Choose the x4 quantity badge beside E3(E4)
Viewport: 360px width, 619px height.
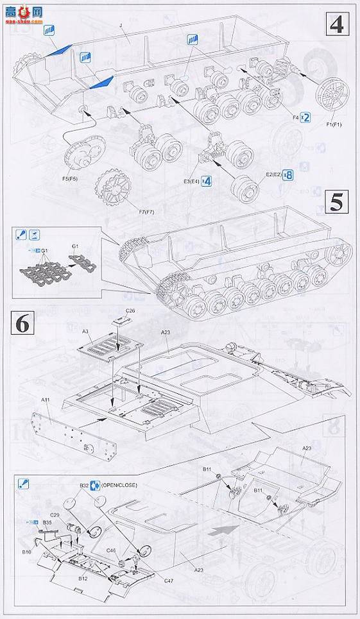point(207,180)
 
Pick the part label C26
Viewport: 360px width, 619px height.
point(130,310)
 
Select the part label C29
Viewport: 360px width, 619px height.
point(55,515)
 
